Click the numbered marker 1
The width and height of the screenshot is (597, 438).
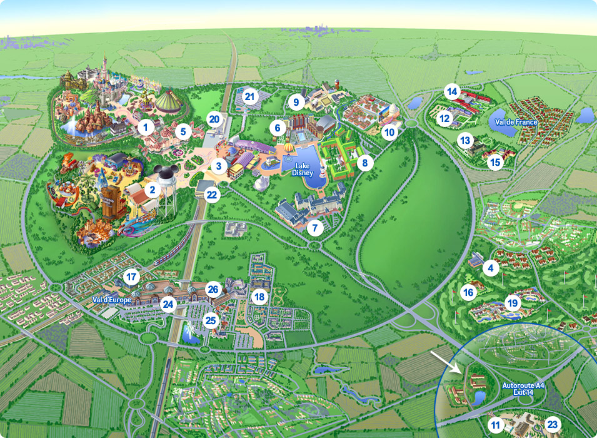click(146, 128)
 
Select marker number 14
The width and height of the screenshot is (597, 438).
click(452, 92)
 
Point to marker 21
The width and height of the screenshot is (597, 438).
click(251, 96)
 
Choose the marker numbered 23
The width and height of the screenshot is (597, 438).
click(553, 424)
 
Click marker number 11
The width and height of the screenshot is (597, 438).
click(496, 425)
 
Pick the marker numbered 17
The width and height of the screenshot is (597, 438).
click(131, 276)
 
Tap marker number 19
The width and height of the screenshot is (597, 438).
click(513, 303)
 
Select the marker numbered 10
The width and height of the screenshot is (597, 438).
click(390, 132)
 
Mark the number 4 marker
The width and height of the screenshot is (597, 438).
click(491, 268)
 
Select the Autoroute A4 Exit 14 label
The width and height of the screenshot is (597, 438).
click(524, 390)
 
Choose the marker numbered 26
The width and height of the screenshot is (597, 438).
click(213, 289)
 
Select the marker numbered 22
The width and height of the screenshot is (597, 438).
click(212, 195)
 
